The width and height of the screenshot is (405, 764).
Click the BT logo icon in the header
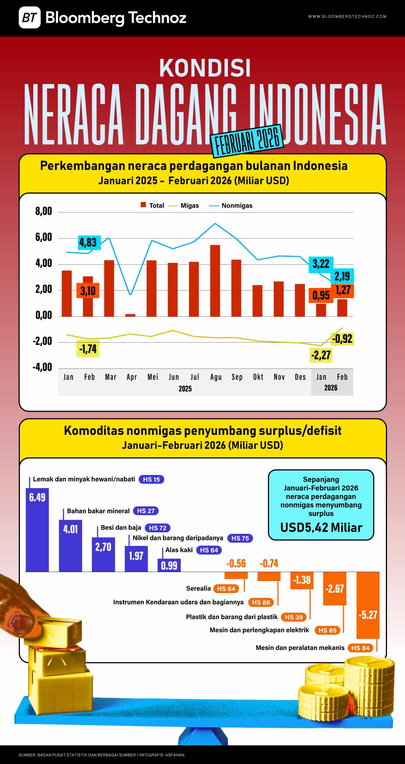click(30, 18)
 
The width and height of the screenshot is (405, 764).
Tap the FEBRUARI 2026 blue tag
click(247, 141)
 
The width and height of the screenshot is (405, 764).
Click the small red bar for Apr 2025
click(130, 315)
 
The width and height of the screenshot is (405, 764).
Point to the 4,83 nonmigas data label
click(88, 243)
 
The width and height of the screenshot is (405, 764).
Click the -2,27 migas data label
click(321, 355)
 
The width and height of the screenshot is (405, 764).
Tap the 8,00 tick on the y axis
click(43, 211)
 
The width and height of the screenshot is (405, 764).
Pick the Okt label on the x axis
click(258, 377)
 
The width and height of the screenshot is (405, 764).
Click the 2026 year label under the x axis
click(330, 388)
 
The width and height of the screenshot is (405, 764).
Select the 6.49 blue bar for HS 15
click(37, 529)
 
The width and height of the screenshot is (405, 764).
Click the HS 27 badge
click(146, 511)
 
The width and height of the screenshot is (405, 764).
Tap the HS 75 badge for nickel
click(240, 538)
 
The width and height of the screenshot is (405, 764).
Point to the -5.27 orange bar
click(367, 605)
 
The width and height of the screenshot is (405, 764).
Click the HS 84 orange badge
click(360, 648)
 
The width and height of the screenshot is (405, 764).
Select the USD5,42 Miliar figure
click(321, 527)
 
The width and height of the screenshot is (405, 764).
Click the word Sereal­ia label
click(198, 588)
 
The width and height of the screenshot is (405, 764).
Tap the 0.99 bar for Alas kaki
click(169, 565)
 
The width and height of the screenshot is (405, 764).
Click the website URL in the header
click(347, 16)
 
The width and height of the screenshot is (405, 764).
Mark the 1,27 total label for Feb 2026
click(343, 290)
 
